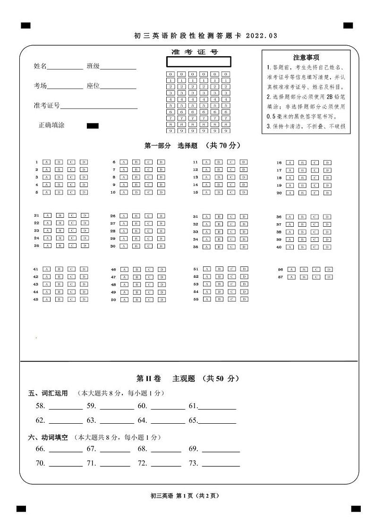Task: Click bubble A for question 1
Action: tap(46, 162)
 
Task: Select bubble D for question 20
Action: tap(327, 193)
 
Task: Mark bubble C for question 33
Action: tap(231, 232)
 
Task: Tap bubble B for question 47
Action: tap(137, 277)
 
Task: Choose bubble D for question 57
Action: tap(329, 277)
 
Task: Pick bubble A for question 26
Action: tap(123, 216)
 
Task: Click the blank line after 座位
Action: tap(118, 87)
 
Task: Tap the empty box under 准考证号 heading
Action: tap(199, 62)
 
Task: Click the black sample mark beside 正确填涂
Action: tap(93, 126)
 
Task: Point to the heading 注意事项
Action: tap(306, 57)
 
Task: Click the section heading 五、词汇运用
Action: tap(48, 393)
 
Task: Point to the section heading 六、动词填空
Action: tap(48, 437)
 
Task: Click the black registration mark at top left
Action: tap(26, 26)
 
